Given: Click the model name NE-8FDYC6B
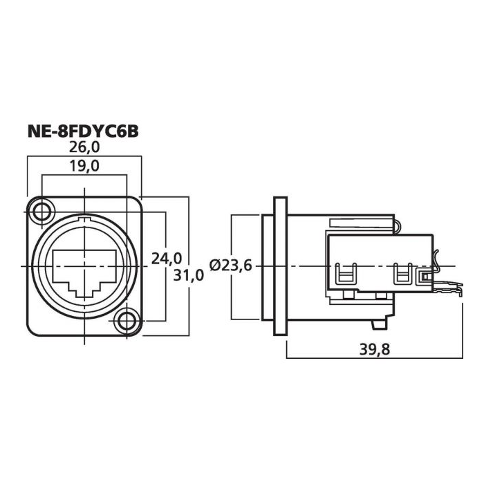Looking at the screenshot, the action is pyautogui.click(x=83, y=131).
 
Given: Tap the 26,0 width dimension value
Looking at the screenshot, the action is pyautogui.click(x=84, y=147).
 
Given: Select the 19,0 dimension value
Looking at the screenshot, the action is pyautogui.click(x=84, y=166).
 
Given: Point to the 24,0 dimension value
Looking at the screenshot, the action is pyautogui.click(x=167, y=259).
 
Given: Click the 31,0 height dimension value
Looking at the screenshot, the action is pyautogui.click(x=189, y=274).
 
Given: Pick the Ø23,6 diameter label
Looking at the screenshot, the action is pyautogui.click(x=231, y=265).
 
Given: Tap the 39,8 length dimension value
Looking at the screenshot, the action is pyautogui.click(x=375, y=349).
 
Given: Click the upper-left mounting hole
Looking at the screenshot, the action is pyautogui.click(x=41, y=212).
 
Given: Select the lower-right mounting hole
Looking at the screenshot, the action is pyautogui.click(x=127, y=321).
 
